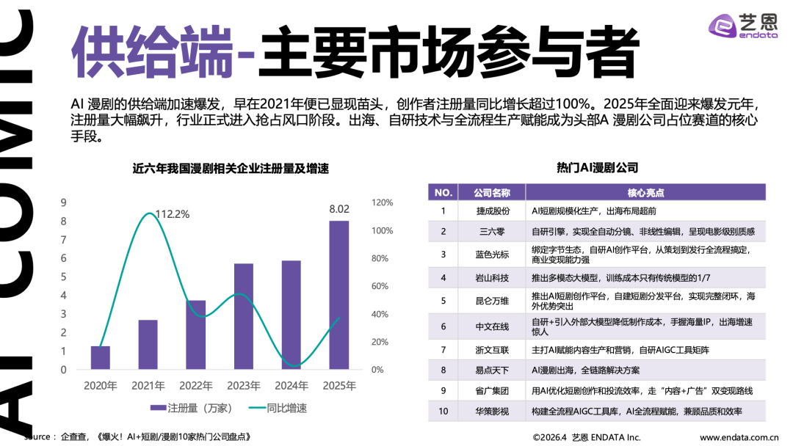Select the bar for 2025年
tap(338, 294)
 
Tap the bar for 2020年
tap(101, 357)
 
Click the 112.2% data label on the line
tap(172, 214)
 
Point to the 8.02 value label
tap(339, 209)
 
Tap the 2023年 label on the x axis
tap(244, 386)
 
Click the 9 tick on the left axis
tap(64, 202)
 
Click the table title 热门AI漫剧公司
tap(597, 168)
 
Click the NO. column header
tap(443, 192)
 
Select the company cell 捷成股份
tap(493, 211)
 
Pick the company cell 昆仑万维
tap(493, 301)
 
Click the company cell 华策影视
tap(493, 412)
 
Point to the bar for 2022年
tap(195, 334)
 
